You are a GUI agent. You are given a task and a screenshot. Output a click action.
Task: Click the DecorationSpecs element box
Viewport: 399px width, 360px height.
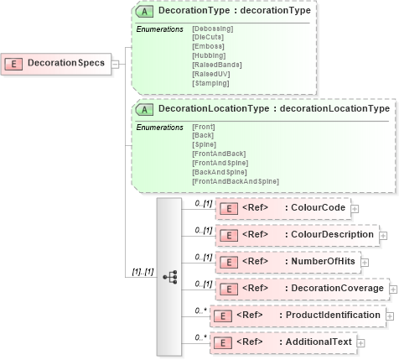(x=56, y=63)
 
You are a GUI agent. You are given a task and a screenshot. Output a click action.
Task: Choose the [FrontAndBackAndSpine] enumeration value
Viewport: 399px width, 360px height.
(x=235, y=180)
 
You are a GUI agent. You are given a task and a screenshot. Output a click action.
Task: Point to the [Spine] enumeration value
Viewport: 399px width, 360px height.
(x=205, y=144)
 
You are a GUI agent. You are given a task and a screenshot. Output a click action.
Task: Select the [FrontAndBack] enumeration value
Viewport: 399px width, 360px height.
(x=220, y=154)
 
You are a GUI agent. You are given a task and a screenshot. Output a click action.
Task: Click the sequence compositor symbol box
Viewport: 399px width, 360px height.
(x=169, y=275)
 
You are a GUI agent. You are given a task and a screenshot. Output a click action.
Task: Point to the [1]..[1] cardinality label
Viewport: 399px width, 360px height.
(x=142, y=271)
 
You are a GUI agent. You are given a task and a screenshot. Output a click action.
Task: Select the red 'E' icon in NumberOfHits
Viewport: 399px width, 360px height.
(x=228, y=262)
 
